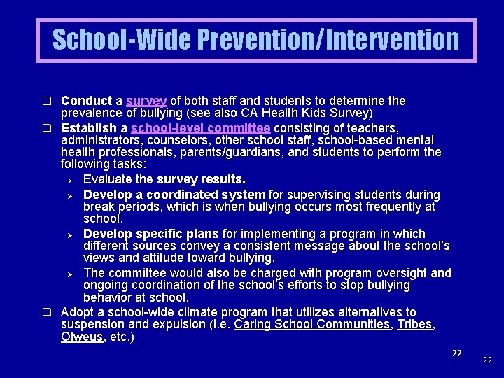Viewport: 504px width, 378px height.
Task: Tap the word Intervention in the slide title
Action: [x=391, y=40]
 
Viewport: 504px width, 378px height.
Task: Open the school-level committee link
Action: [x=200, y=128]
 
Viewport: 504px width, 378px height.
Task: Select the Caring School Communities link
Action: [x=311, y=324]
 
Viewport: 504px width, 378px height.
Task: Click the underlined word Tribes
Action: [x=414, y=324]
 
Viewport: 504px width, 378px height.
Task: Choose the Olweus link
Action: [x=81, y=337]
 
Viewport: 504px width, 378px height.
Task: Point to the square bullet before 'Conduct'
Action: [x=52, y=101]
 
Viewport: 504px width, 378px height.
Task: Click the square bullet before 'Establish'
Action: [x=52, y=129]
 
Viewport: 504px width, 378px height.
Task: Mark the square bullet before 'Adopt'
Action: [x=52, y=312]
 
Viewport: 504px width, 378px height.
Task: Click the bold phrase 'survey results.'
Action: [x=201, y=180]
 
